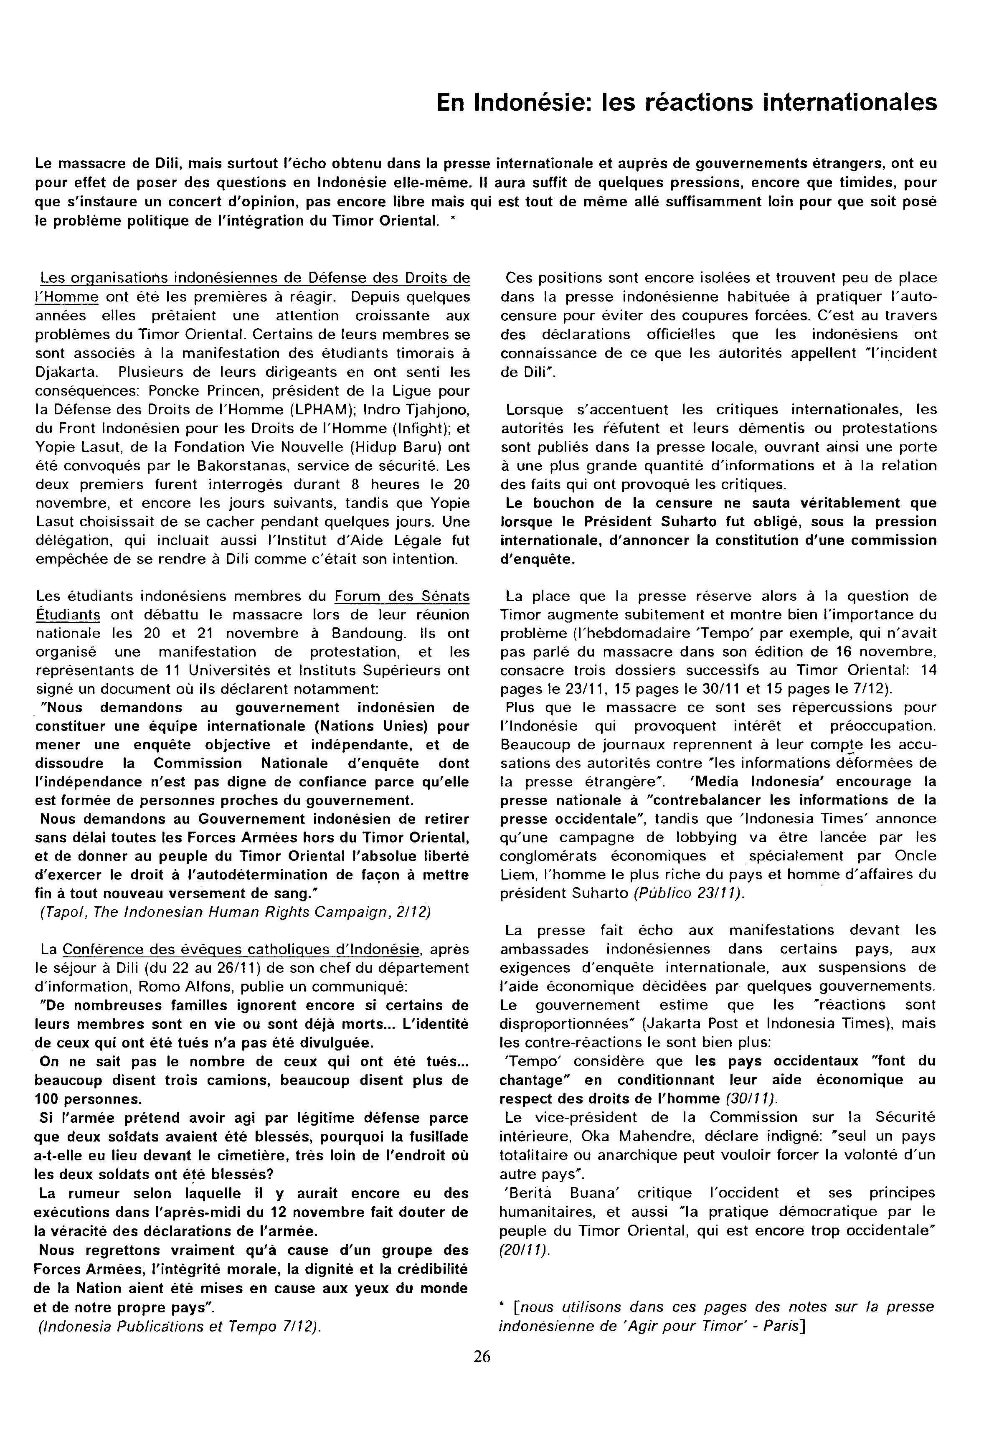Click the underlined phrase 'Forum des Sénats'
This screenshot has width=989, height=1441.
401,596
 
